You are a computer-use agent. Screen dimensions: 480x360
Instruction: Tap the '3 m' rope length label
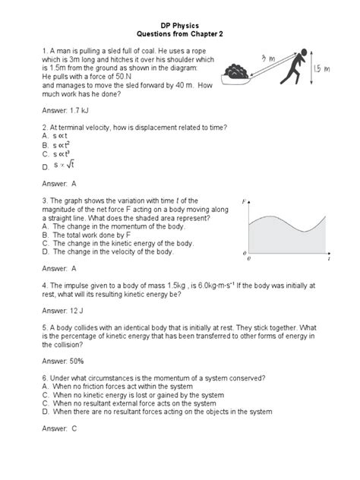pyautogui.click(x=267, y=58)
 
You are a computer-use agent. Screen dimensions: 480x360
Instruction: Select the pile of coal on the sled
pyautogui.click(x=234, y=71)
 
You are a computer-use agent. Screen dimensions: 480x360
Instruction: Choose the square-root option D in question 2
pyautogui.click(x=63, y=165)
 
